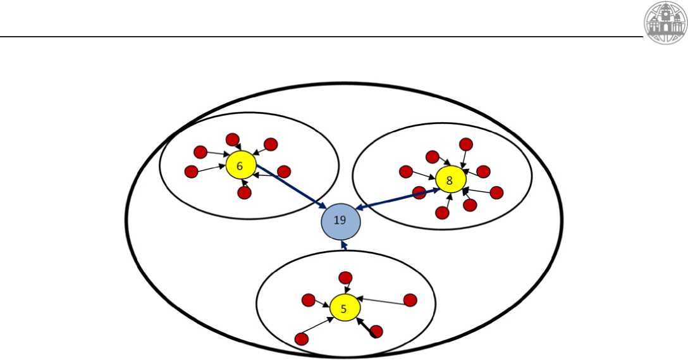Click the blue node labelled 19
[x=340, y=221]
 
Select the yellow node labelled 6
[x=240, y=166]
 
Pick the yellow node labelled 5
[x=345, y=308]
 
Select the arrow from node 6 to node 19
[x=291, y=188]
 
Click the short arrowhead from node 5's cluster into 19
[x=343, y=245]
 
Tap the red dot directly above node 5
[x=345, y=277]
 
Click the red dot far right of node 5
[x=410, y=300]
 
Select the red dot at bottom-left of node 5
[x=302, y=338]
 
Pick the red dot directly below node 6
[x=245, y=193]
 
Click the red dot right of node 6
[x=284, y=171]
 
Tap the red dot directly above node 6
[x=232, y=139]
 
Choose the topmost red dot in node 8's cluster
[x=466, y=144]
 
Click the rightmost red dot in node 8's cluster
[x=496, y=192]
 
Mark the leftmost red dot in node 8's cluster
[x=406, y=171]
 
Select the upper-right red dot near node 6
[x=271, y=144]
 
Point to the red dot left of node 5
[x=309, y=300]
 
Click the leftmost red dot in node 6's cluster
[x=191, y=171]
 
